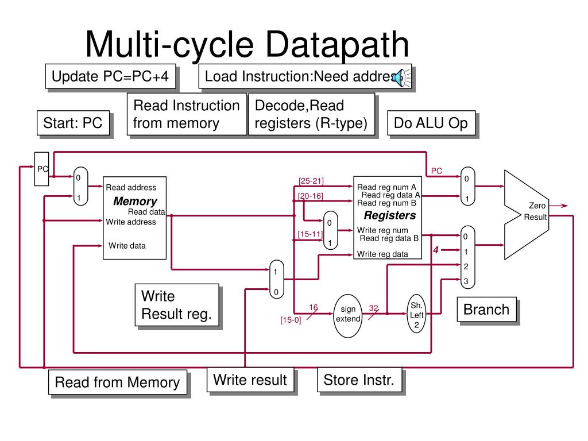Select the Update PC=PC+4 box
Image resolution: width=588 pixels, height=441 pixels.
[x=110, y=76]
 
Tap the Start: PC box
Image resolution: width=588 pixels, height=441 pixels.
[x=73, y=123]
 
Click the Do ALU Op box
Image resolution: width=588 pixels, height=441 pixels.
[x=431, y=123]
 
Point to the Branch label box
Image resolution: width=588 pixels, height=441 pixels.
[x=486, y=310]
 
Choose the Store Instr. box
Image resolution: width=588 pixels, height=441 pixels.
[x=359, y=380]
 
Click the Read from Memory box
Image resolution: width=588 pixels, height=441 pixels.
[x=117, y=382]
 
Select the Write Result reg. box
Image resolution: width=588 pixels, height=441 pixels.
[x=177, y=305]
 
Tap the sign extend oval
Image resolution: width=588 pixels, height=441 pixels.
[x=348, y=314]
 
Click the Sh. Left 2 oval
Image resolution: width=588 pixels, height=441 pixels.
[x=416, y=315]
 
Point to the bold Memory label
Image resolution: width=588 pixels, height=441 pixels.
[x=135, y=202]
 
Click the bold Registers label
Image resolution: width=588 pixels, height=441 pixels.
[x=390, y=216]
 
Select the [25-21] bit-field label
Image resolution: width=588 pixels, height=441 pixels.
[x=311, y=181]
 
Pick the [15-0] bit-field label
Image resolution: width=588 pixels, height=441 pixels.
[x=291, y=320]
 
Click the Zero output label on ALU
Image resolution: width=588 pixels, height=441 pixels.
[x=537, y=206]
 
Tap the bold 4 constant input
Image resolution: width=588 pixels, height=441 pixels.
[x=436, y=250]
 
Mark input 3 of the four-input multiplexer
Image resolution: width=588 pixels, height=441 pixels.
[x=466, y=281]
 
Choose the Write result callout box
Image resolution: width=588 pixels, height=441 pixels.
[x=250, y=380]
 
